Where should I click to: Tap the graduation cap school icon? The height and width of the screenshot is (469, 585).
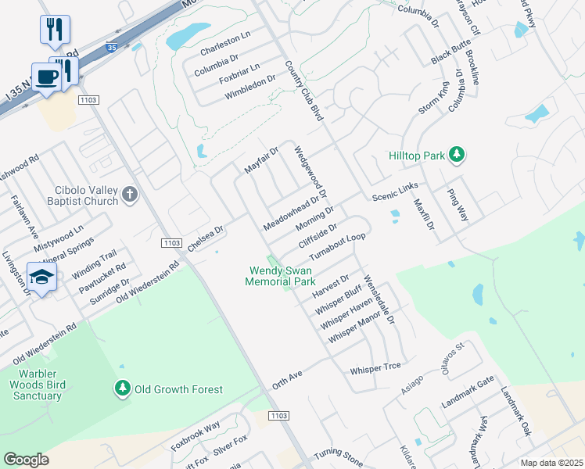[41, 276]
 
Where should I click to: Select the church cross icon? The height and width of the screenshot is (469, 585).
[130, 195]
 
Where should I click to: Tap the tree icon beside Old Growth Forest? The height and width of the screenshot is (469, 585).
[122, 388]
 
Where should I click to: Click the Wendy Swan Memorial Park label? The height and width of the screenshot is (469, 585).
[280, 276]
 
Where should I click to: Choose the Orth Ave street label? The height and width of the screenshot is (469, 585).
[287, 377]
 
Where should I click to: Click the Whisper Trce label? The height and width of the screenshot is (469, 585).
[375, 367]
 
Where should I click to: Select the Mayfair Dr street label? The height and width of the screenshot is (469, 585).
[261, 160]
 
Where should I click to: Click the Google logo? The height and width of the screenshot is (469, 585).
[26, 460]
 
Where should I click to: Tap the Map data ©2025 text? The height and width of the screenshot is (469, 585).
[551, 463]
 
